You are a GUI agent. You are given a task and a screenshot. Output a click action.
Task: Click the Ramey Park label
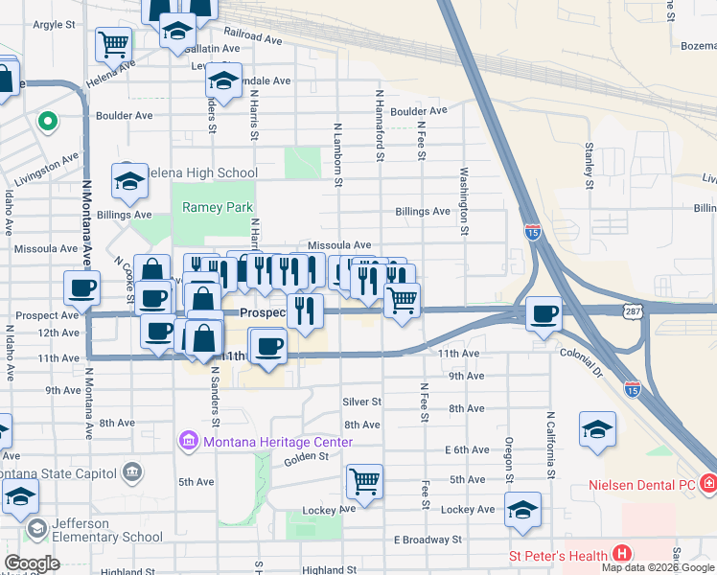point(217,208)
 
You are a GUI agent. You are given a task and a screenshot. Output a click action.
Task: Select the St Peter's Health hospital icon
point(622,554)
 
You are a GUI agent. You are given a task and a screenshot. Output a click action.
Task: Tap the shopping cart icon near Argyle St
point(114,43)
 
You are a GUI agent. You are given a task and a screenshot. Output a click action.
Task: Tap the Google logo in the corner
point(32,563)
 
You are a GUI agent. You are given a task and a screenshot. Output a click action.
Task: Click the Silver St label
point(362,402)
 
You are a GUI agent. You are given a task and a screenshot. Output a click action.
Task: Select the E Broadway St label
point(428,540)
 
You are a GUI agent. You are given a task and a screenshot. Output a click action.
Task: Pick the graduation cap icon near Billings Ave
point(129,179)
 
